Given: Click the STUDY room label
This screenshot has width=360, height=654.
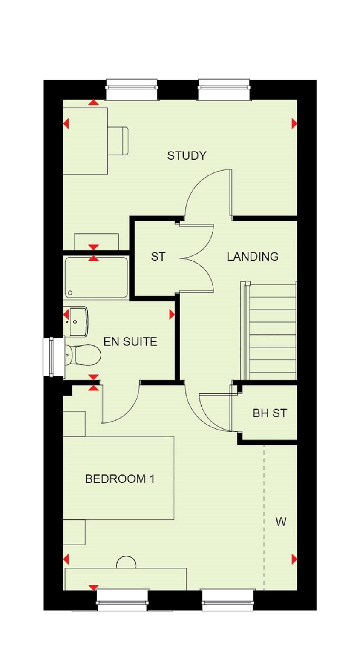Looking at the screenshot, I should tap(187, 156).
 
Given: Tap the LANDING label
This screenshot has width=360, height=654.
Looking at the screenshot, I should tap(253, 257).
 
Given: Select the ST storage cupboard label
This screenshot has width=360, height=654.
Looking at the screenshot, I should tap(158, 257).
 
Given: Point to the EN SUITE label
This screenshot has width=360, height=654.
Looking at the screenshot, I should tap(130, 341).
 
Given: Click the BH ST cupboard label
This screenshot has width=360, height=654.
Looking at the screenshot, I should tap(270, 413).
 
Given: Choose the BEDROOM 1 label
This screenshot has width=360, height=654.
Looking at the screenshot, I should tap(120, 479).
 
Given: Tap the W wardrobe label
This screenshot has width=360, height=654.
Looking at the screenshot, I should tap(281, 522).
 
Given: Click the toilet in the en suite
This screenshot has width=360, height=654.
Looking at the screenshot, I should tap(82, 354).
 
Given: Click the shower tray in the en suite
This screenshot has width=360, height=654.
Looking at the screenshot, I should tap(96, 278).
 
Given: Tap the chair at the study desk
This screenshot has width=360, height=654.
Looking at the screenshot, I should tap(118, 141).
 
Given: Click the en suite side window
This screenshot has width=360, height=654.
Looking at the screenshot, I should tap(53, 357).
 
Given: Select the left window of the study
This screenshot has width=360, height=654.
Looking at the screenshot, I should tap(132, 90).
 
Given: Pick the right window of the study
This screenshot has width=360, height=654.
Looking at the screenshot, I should tap(224, 90).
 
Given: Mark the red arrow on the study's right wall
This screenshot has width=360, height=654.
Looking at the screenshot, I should tap(294, 123).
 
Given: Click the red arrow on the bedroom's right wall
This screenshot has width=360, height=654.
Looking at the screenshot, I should tap(294, 559).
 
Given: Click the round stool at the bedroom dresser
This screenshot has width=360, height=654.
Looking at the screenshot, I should tap(127, 563).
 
